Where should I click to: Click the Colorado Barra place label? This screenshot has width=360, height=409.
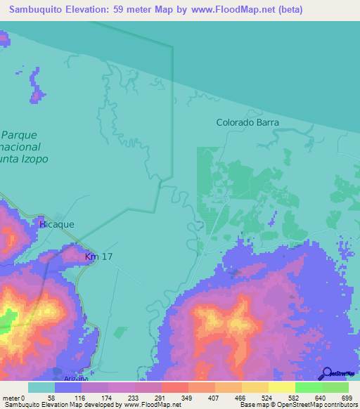click(247, 122)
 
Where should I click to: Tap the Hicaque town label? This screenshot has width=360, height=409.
click(57, 224)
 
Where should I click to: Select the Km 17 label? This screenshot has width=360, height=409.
click(98, 257)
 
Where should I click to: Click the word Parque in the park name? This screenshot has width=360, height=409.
click(19, 134)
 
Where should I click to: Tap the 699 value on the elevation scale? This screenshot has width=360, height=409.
click(347, 398)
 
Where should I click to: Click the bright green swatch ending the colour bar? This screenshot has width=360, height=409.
click(335, 387)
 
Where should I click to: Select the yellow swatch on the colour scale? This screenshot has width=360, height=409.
click(281, 387)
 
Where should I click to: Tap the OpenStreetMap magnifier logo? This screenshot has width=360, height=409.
click(326, 374)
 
